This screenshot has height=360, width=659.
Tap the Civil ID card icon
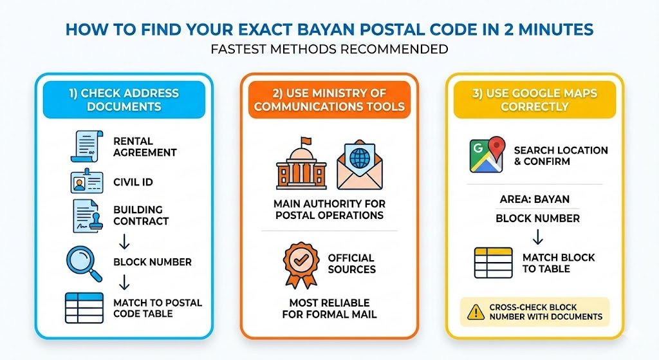(x=86, y=182)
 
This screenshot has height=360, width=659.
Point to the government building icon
(x=301, y=165)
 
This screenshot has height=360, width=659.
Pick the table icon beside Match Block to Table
(x=493, y=263)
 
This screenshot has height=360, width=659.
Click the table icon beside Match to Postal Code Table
(x=84, y=308)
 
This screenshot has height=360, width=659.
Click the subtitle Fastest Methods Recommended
(x=329, y=50)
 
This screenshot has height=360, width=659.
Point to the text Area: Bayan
(x=534, y=200)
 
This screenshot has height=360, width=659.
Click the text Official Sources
(x=351, y=263)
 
